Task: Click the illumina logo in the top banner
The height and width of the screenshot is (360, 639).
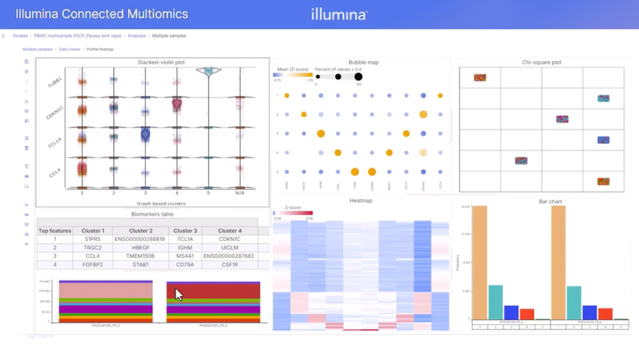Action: pos(338,14)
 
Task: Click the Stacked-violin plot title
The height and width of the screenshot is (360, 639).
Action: pos(161,62)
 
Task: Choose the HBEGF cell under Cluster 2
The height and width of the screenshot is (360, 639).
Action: pos(141,248)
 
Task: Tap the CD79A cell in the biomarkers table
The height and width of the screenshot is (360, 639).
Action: pos(185,265)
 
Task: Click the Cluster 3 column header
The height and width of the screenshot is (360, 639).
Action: pos(185,230)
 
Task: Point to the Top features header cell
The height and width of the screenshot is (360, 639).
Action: pos(55,230)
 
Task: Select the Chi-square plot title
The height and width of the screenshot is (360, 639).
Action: pos(541,62)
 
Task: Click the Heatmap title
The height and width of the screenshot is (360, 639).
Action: pos(360,201)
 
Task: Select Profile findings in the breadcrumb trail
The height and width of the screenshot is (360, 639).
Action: pos(100,49)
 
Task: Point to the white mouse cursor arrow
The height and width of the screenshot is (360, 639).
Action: pos(178,294)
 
